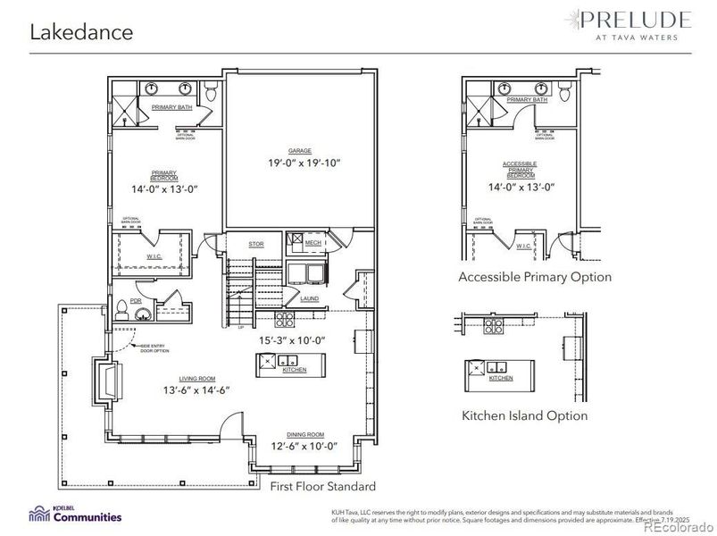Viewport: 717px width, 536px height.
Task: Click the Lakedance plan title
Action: (82, 32)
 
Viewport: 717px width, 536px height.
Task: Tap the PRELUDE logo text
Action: (634, 20)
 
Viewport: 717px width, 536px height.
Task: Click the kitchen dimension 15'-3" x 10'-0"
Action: (292, 340)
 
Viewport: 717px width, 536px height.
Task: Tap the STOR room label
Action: (256, 243)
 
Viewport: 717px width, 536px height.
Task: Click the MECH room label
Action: (313, 242)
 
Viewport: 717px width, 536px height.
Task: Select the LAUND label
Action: (309, 298)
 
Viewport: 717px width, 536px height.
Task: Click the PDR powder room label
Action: (137, 301)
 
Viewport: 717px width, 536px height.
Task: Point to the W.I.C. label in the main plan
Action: (154, 256)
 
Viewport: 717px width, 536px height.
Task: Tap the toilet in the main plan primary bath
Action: (211, 91)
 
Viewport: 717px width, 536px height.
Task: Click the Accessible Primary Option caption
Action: (535, 277)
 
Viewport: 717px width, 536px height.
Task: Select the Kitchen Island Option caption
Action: (524, 415)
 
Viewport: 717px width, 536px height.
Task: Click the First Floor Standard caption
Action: (323, 487)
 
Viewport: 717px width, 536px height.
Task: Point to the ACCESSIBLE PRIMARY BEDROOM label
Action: (519, 171)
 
